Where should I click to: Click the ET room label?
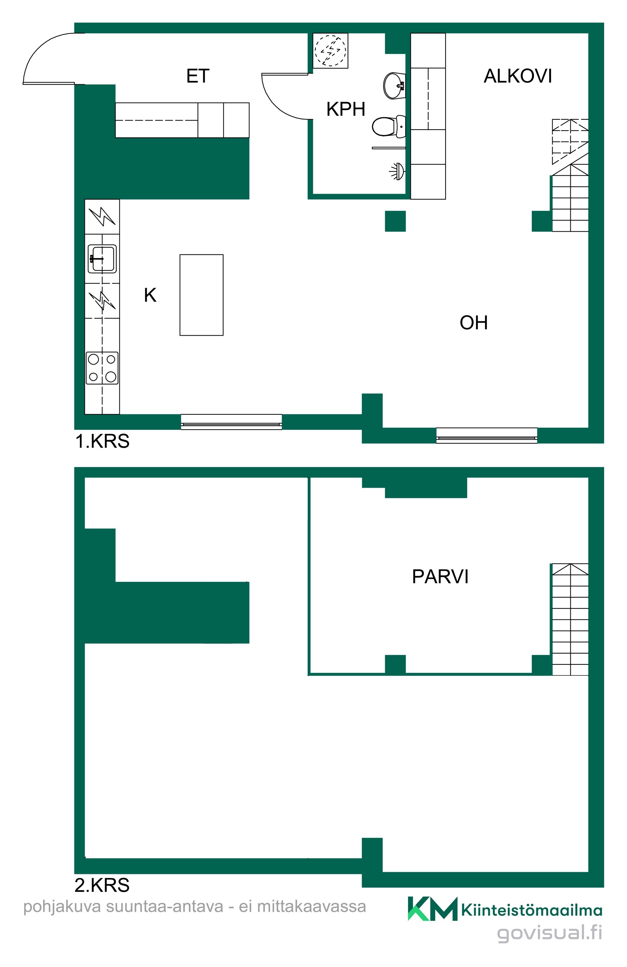(x=198, y=76)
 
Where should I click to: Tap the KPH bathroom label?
(x=346, y=109)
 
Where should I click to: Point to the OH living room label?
(x=473, y=323)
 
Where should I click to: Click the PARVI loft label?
(x=440, y=576)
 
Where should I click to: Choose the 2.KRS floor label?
(x=102, y=885)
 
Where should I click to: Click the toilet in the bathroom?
(x=389, y=126)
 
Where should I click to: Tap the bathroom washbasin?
(x=394, y=86)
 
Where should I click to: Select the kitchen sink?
(x=102, y=259)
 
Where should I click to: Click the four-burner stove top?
(x=102, y=368)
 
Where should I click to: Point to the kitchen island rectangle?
(x=202, y=295)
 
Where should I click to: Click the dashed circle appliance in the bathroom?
(x=330, y=51)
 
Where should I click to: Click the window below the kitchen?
(x=231, y=422)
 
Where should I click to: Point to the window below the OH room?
(x=486, y=436)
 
